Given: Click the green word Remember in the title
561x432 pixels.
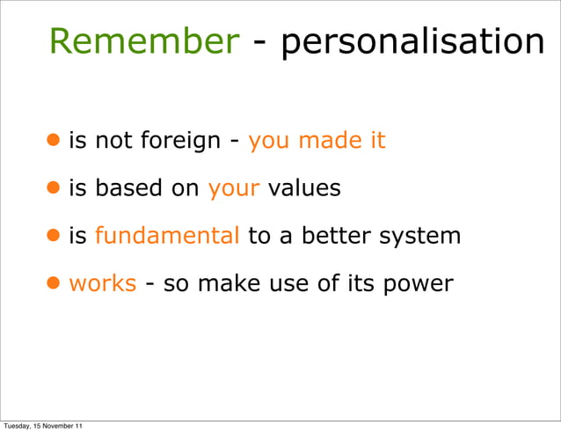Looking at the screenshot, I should [143, 41].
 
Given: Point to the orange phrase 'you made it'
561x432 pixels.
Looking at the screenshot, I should [317, 140].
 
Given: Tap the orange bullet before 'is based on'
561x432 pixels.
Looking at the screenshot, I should [55, 187].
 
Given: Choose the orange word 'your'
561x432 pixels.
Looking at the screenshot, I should [233, 190].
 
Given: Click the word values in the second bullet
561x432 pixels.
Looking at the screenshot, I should [304, 188].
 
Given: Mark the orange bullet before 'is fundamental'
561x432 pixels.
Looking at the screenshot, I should [55, 235].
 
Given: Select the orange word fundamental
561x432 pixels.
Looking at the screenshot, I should [167, 236].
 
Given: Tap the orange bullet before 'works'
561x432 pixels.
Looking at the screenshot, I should [55, 282].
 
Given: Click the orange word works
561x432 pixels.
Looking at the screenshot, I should [102, 283].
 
